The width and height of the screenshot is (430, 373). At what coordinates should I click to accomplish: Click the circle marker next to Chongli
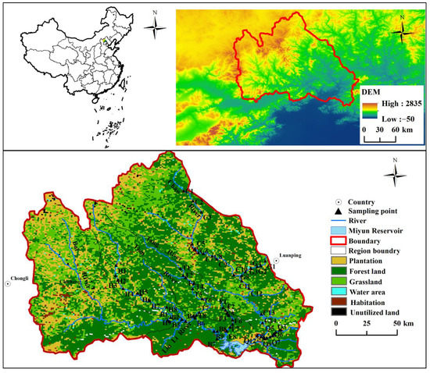[7, 284]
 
